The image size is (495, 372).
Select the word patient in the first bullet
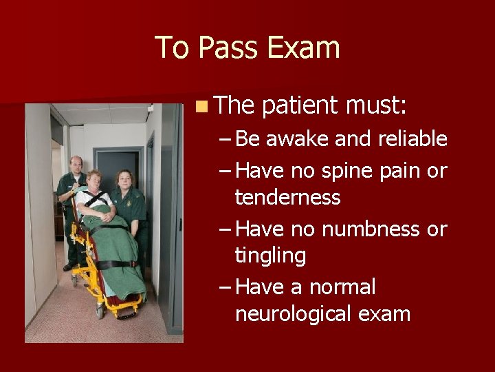pos(300,106)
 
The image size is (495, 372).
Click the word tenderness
pos(287,198)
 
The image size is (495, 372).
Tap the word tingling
pos(270,257)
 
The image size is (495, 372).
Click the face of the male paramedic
pos(76,165)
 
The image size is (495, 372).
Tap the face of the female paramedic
pos(124,180)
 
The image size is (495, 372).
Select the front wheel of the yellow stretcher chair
pos(100,311)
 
